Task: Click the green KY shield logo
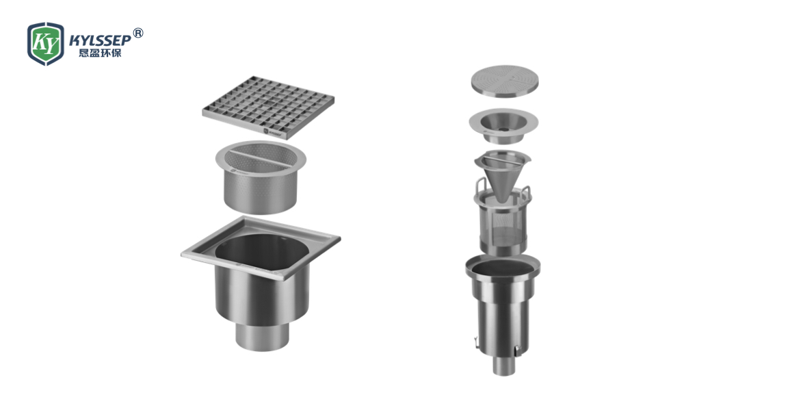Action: [45, 44]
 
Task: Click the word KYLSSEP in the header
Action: [101, 40]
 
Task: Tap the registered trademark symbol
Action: [138, 34]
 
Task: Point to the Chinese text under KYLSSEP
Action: [101, 53]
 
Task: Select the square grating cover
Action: [268, 107]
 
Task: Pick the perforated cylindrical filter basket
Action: [261, 177]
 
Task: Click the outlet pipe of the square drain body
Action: [262, 336]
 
